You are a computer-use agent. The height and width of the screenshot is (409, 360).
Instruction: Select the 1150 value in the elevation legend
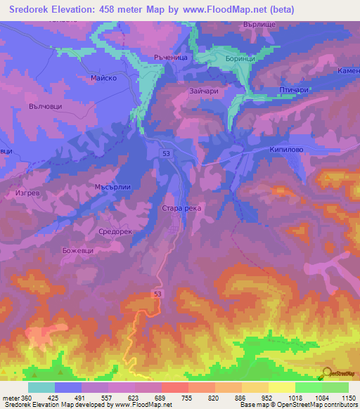(348, 398)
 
